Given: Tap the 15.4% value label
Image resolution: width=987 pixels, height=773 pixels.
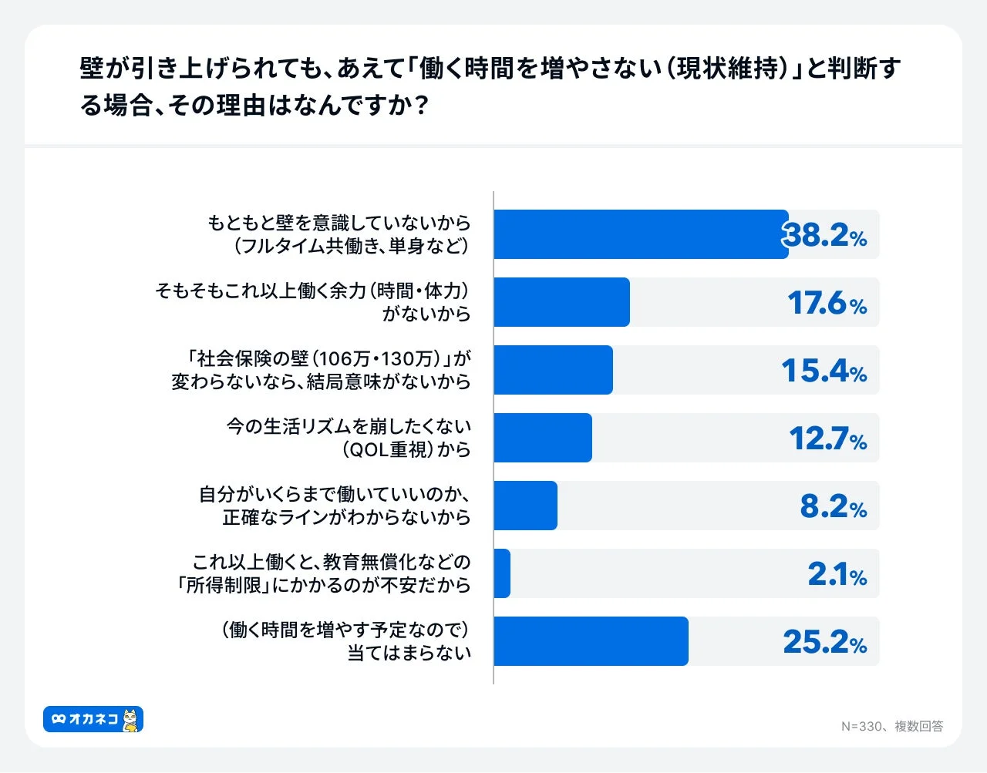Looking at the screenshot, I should tap(824, 371).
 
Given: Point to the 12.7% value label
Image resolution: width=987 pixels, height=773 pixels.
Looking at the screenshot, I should tap(828, 439).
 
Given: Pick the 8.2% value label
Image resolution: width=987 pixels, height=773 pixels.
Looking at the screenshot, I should tap(834, 506).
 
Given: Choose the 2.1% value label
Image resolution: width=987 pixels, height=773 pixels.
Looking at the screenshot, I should tap(837, 574).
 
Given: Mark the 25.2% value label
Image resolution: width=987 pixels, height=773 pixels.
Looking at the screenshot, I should tap(825, 642).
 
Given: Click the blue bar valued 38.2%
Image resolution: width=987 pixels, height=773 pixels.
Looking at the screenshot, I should tap(641, 234).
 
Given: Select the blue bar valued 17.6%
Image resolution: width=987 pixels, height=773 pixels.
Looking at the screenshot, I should tap(561, 302).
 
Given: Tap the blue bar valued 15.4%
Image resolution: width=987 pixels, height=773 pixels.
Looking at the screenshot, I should tap(553, 370).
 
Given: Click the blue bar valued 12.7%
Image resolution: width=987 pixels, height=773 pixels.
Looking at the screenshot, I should tap(543, 438).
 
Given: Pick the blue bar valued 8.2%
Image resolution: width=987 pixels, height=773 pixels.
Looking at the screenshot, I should tap(525, 506).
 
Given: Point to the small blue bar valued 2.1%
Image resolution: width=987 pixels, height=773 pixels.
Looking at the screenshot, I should tap(502, 573).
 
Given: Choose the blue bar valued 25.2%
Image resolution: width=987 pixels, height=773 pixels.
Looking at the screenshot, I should tap(591, 641).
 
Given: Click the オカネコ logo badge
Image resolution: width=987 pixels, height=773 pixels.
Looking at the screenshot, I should tap(93, 719).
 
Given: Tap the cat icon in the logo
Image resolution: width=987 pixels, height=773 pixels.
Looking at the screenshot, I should tap(132, 720).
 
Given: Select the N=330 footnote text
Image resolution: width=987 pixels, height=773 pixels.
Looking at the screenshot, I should tap(892, 726).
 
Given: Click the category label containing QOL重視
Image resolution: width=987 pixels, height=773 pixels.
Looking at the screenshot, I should tap(349, 438).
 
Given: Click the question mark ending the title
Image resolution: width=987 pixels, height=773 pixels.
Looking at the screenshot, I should tap(420, 106).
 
